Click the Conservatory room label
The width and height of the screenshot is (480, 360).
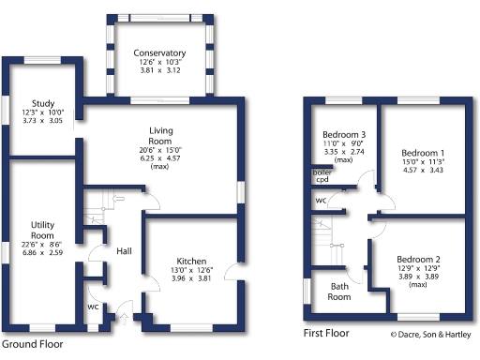158,52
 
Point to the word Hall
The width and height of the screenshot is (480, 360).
125,250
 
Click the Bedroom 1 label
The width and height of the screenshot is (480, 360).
423,153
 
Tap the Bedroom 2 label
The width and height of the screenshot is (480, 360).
417,259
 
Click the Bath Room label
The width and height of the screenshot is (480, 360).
338,292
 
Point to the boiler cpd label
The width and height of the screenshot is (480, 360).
321,176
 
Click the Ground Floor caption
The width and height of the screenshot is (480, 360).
33,344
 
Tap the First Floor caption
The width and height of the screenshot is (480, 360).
327,333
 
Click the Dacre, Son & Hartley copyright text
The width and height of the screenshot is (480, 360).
431,334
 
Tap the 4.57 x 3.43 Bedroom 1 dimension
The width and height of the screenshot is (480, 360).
423,171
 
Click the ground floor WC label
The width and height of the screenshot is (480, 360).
93,307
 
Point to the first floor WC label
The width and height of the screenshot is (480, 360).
321,200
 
